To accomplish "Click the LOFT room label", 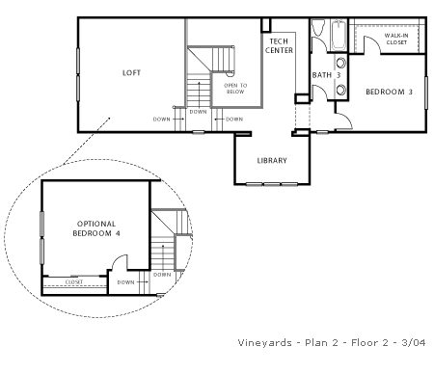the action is tap(131, 73).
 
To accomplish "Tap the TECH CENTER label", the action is tap(279, 46).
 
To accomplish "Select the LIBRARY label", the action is tap(272, 160).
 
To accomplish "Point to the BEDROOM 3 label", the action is tap(389, 92).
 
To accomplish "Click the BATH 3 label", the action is tap(326, 75).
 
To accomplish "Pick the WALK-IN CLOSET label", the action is tap(396, 39).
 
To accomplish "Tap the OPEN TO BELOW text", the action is tap(235, 89).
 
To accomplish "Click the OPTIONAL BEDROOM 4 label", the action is tap(96, 228).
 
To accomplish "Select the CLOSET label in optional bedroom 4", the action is tap(74, 281).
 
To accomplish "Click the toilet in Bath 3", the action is tap(318, 28).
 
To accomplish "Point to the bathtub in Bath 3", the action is tap(339, 36).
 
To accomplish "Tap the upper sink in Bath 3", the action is tap(341, 63).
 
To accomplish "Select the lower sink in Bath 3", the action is tap(341, 90).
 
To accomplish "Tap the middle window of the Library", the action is tap(272, 184).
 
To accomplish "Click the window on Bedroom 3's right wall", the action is tap(426, 93).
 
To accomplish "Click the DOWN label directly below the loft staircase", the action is tap(198, 112).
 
